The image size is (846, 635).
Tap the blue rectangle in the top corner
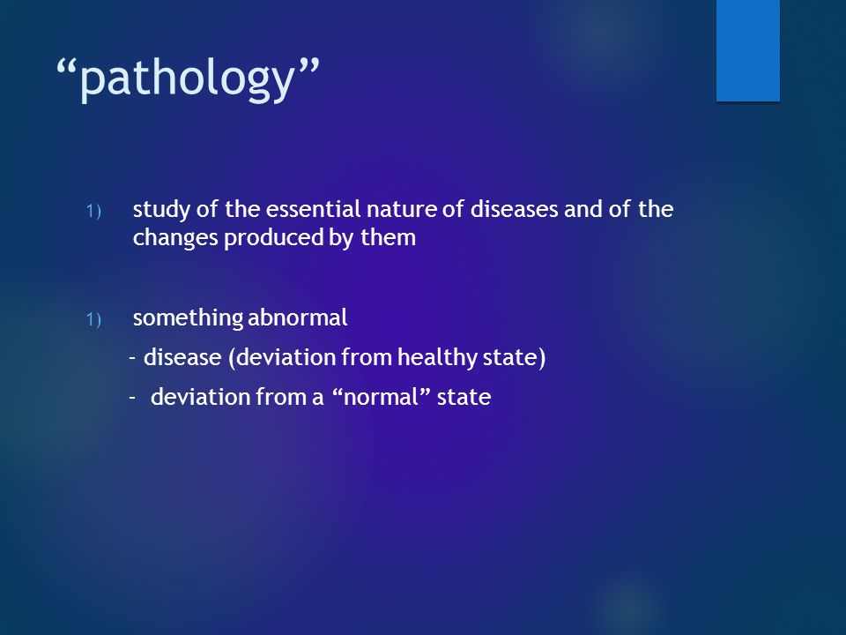tap(748, 50)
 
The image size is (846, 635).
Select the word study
tap(161, 210)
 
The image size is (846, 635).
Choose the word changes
tap(175, 238)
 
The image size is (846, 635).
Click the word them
tap(388, 237)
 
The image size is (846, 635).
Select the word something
tap(188, 318)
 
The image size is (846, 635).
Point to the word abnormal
tap(297, 317)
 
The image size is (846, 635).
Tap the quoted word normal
tap(381, 397)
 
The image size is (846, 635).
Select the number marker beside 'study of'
tap(93, 211)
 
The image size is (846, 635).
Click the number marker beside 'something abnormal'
tap(93, 319)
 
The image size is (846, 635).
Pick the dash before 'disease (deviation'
tap(133, 358)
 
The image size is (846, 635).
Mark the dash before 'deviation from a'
tap(133, 398)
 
